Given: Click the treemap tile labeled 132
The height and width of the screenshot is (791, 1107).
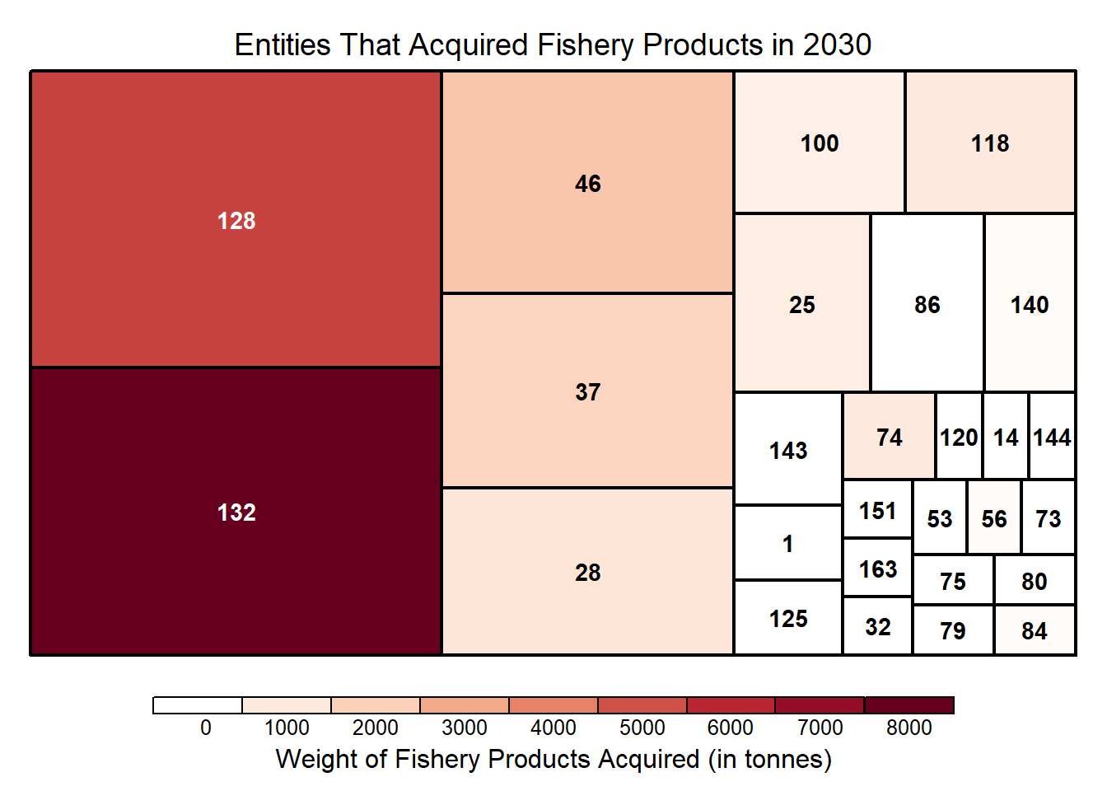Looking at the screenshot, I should coord(236,511).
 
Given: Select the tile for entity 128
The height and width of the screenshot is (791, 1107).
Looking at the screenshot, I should coord(236,219).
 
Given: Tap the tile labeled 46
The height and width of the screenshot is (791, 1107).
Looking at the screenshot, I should coord(587,183).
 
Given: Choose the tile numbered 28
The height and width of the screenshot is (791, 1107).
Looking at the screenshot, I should coord(587,572).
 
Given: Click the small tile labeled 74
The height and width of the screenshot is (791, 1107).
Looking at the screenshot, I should coord(889,437).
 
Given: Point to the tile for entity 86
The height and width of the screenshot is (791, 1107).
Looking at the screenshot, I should coord(927,304).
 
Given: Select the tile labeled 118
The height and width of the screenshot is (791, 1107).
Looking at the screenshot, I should coord(990,143).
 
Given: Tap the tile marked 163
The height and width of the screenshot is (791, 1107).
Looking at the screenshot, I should coord(877,569).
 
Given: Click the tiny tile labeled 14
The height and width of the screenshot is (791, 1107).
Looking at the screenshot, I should coord(1005,437).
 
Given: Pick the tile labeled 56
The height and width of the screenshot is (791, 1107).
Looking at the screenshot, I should coord(993,518).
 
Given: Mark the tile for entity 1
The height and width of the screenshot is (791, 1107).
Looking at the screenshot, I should coord(787,543).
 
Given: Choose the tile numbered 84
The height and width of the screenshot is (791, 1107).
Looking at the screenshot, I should coord(1034,630).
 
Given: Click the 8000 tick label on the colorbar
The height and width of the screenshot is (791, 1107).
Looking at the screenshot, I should coord(908,728).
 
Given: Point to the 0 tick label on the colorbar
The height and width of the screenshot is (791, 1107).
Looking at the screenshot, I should coord(205,728).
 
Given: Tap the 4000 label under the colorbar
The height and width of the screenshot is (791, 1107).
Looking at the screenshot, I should coord(553,728).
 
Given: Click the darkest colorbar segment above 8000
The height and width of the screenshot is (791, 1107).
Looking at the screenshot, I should coord(908,705).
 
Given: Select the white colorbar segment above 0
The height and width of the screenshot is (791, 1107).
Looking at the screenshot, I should coord(198,705).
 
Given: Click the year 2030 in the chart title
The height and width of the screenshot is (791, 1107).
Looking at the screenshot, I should coord(837,44).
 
